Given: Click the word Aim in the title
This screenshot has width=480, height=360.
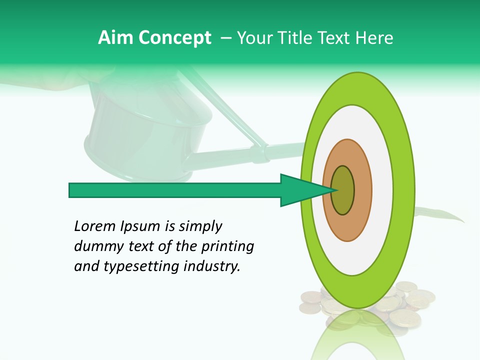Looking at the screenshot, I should [x=115, y=38].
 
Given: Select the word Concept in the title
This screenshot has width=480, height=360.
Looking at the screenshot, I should [x=174, y=38].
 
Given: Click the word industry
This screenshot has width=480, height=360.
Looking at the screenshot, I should [x=212, y=266].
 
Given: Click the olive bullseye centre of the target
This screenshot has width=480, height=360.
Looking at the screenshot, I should [x=343, y=190].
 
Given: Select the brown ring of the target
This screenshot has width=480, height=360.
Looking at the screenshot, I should [x=362, y=190].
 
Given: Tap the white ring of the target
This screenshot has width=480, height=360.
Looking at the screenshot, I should [x=382, y=190].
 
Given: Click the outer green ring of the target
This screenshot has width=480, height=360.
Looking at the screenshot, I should [x=406, y=190].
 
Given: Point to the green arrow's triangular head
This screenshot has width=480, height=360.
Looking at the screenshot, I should [x=300, y=190].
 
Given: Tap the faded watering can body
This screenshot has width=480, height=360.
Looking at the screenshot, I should [x=145, y=135].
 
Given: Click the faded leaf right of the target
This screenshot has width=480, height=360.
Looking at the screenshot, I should [x=440, y=214].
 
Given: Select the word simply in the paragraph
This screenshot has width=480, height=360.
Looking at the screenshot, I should [x=200, y=226].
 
